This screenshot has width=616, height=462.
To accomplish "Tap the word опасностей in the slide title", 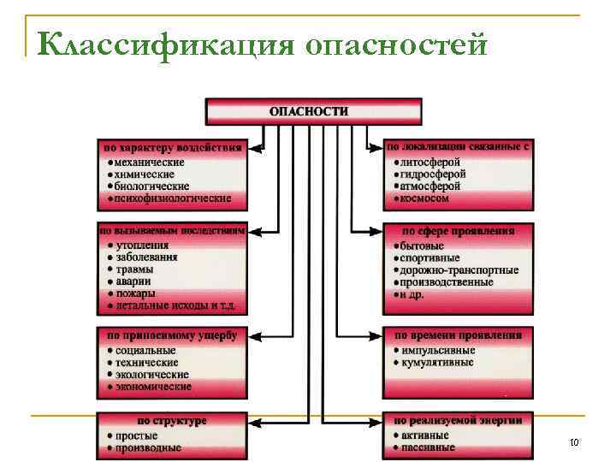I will click(395, 43).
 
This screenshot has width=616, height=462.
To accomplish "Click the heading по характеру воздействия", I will click(173, 147).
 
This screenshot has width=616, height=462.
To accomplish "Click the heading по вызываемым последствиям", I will click(173, 231).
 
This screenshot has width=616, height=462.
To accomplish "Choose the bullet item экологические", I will click(151, 375).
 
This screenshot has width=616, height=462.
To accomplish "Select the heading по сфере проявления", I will click(459, 231).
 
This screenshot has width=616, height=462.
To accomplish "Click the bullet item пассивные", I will click(425, 447).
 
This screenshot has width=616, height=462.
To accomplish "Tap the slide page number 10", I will click(573, 442).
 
